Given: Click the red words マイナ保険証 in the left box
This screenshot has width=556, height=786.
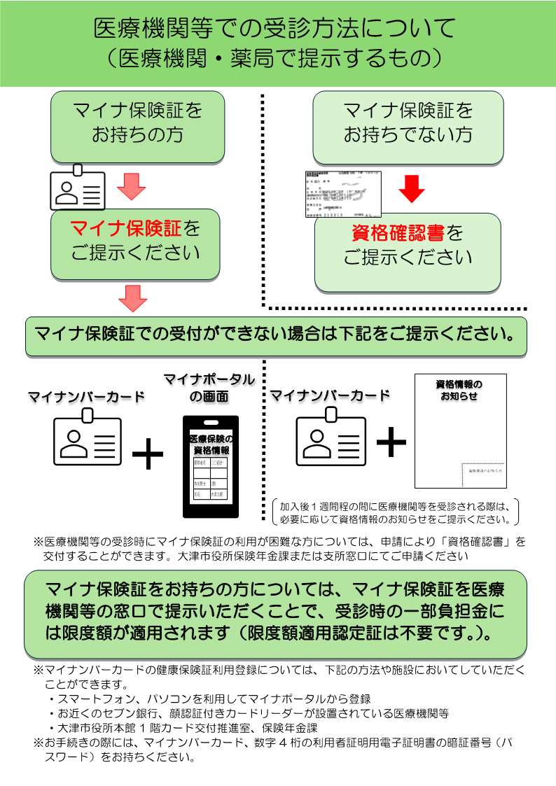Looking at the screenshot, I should pyautogui.click(x=126, y=228).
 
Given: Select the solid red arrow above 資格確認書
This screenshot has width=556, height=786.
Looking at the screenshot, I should pyautogui.click(x=412, y=188).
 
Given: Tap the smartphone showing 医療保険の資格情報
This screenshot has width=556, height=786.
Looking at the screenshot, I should pyautogui.click(x=210, y=466).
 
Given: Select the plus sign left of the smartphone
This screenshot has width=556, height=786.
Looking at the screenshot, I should pyautogui.click(x=147, y=456).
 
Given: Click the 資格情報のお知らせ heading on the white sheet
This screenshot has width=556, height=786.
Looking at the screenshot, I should pyautogui.click(x=459, y=390).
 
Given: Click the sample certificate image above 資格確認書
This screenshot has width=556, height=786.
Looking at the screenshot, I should pyautogui.click(x=343, y=194).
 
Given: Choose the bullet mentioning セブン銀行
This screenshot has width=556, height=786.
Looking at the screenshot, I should pyautogui.click(x=252, y=713).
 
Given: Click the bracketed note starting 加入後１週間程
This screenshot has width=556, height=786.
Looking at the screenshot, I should pyautogui.click(x=394, y=512).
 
